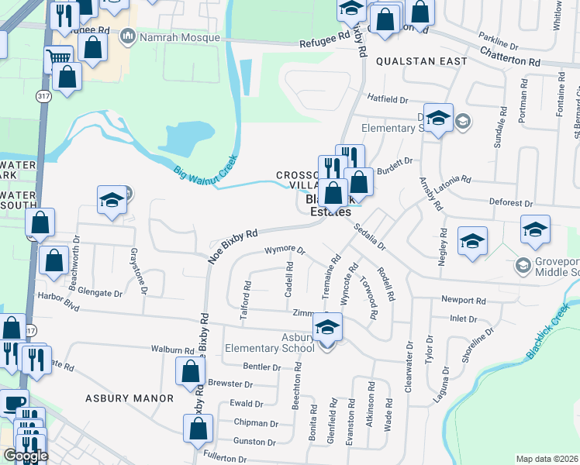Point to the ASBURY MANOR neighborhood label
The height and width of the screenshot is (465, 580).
pyautogui.click(x=130, y=398)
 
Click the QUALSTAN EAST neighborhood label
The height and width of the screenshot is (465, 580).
pyautogui.click(x=421, y=60)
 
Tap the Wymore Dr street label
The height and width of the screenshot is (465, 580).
pyautogui.click(x=285, y=251)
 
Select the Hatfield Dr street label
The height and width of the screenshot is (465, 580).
pyautogui.click(x=388, y=99)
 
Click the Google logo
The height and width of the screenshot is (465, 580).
pyautogui.click(x=26, y=455)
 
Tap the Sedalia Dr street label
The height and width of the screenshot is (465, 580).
pyautogui.click(x=369, y=235)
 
